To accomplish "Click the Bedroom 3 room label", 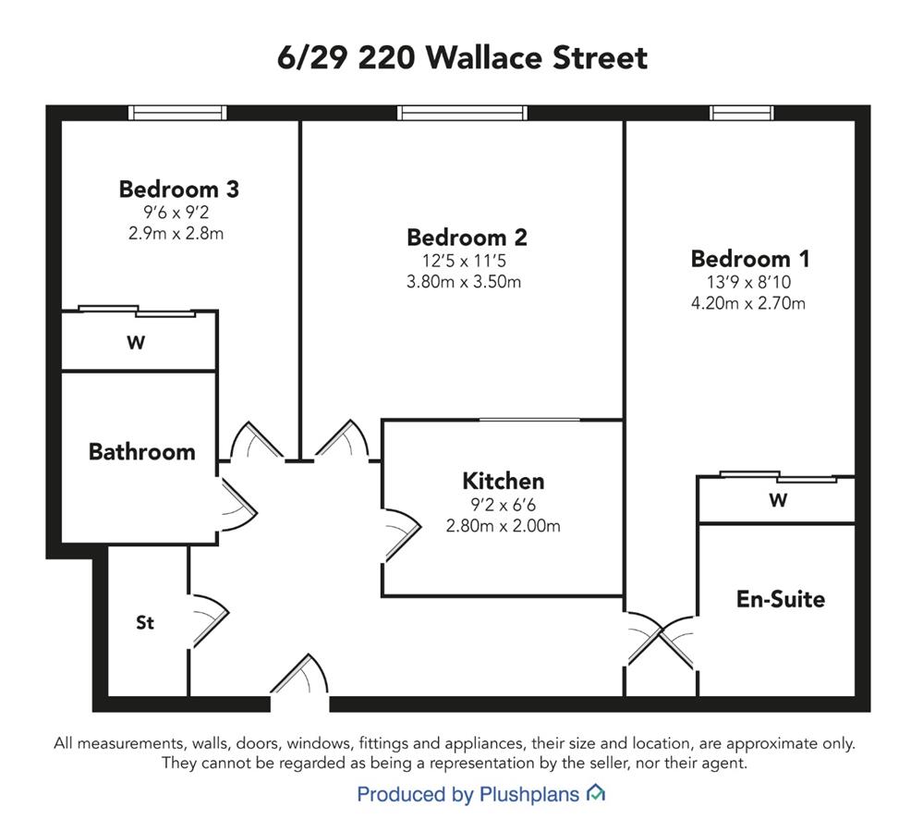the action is (179, 190).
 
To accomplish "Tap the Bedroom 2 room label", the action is (468, 238).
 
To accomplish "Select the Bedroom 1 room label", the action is (750, 259).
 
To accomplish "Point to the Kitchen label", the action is (504, 482).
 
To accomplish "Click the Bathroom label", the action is (141, 452).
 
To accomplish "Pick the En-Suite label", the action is (781, 599).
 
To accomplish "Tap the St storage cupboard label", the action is (145, 623).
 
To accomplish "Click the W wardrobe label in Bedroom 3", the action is (136, 342).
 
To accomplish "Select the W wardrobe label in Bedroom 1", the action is (778, 500).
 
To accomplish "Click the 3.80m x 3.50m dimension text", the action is (464, 282).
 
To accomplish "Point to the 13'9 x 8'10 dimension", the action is (748, 283).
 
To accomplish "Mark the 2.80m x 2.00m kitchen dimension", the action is (504, 526).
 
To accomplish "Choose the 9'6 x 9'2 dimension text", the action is (176, 213).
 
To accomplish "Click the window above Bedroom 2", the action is (463, 113).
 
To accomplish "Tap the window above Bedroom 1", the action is (741, 113).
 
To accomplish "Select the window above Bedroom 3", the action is (177, 113).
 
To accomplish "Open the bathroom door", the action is (238, 504).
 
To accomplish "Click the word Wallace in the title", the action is (483, 57).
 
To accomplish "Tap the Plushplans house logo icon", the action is (596, 792).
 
